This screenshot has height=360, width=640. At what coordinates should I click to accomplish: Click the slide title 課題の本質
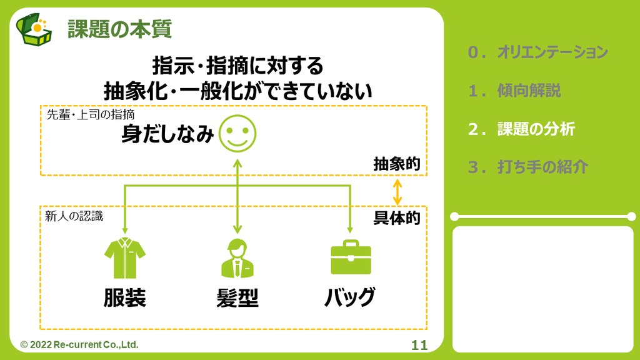[x=119, y=29]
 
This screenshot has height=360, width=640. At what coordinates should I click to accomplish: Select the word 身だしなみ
[x=167, y=134]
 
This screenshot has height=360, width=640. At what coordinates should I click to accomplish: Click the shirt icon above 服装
[x=125, y=257]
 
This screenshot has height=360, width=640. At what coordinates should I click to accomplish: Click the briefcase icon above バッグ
[x=351, y=257]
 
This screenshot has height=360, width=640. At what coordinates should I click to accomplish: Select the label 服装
[x=125, y=297]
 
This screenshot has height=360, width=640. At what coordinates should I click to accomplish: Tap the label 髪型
[x=237, y=298]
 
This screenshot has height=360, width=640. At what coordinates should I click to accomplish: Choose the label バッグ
[x=350, y=297]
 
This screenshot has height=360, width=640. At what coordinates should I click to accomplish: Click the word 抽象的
[x=396, y=164]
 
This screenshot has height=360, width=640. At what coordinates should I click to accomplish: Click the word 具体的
[x=396, y=218]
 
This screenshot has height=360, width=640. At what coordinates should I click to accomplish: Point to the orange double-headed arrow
[x=396, y=191]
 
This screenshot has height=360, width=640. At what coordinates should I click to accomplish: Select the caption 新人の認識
[x=74, y=216]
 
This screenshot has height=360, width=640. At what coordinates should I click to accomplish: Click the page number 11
[x=419, y=346]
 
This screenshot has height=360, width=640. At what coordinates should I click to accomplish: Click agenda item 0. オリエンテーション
[x=537, y=52]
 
